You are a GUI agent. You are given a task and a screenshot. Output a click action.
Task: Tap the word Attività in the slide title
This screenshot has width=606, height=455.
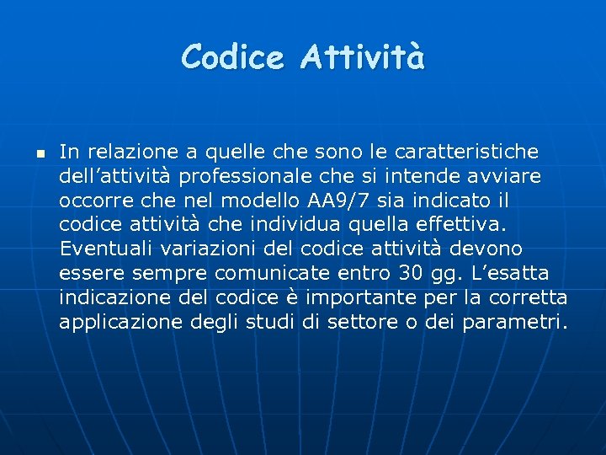click(x=364, y=57)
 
